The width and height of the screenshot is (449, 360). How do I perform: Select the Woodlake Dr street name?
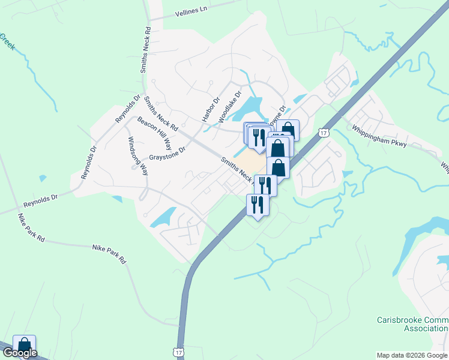230,107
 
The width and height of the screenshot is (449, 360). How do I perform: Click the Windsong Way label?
136,155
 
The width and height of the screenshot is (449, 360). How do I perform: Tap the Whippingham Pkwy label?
379,136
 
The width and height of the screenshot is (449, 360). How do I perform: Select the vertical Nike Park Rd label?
31,228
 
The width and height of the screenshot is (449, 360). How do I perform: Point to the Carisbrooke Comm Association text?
412,324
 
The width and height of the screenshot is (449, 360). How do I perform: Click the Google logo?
19,353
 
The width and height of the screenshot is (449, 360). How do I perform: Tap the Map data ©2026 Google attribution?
412,355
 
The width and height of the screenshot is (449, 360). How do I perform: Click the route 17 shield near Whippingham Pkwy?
324,132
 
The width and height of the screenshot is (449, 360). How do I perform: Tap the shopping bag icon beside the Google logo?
24,345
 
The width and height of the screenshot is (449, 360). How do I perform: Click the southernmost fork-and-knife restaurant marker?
258,205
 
